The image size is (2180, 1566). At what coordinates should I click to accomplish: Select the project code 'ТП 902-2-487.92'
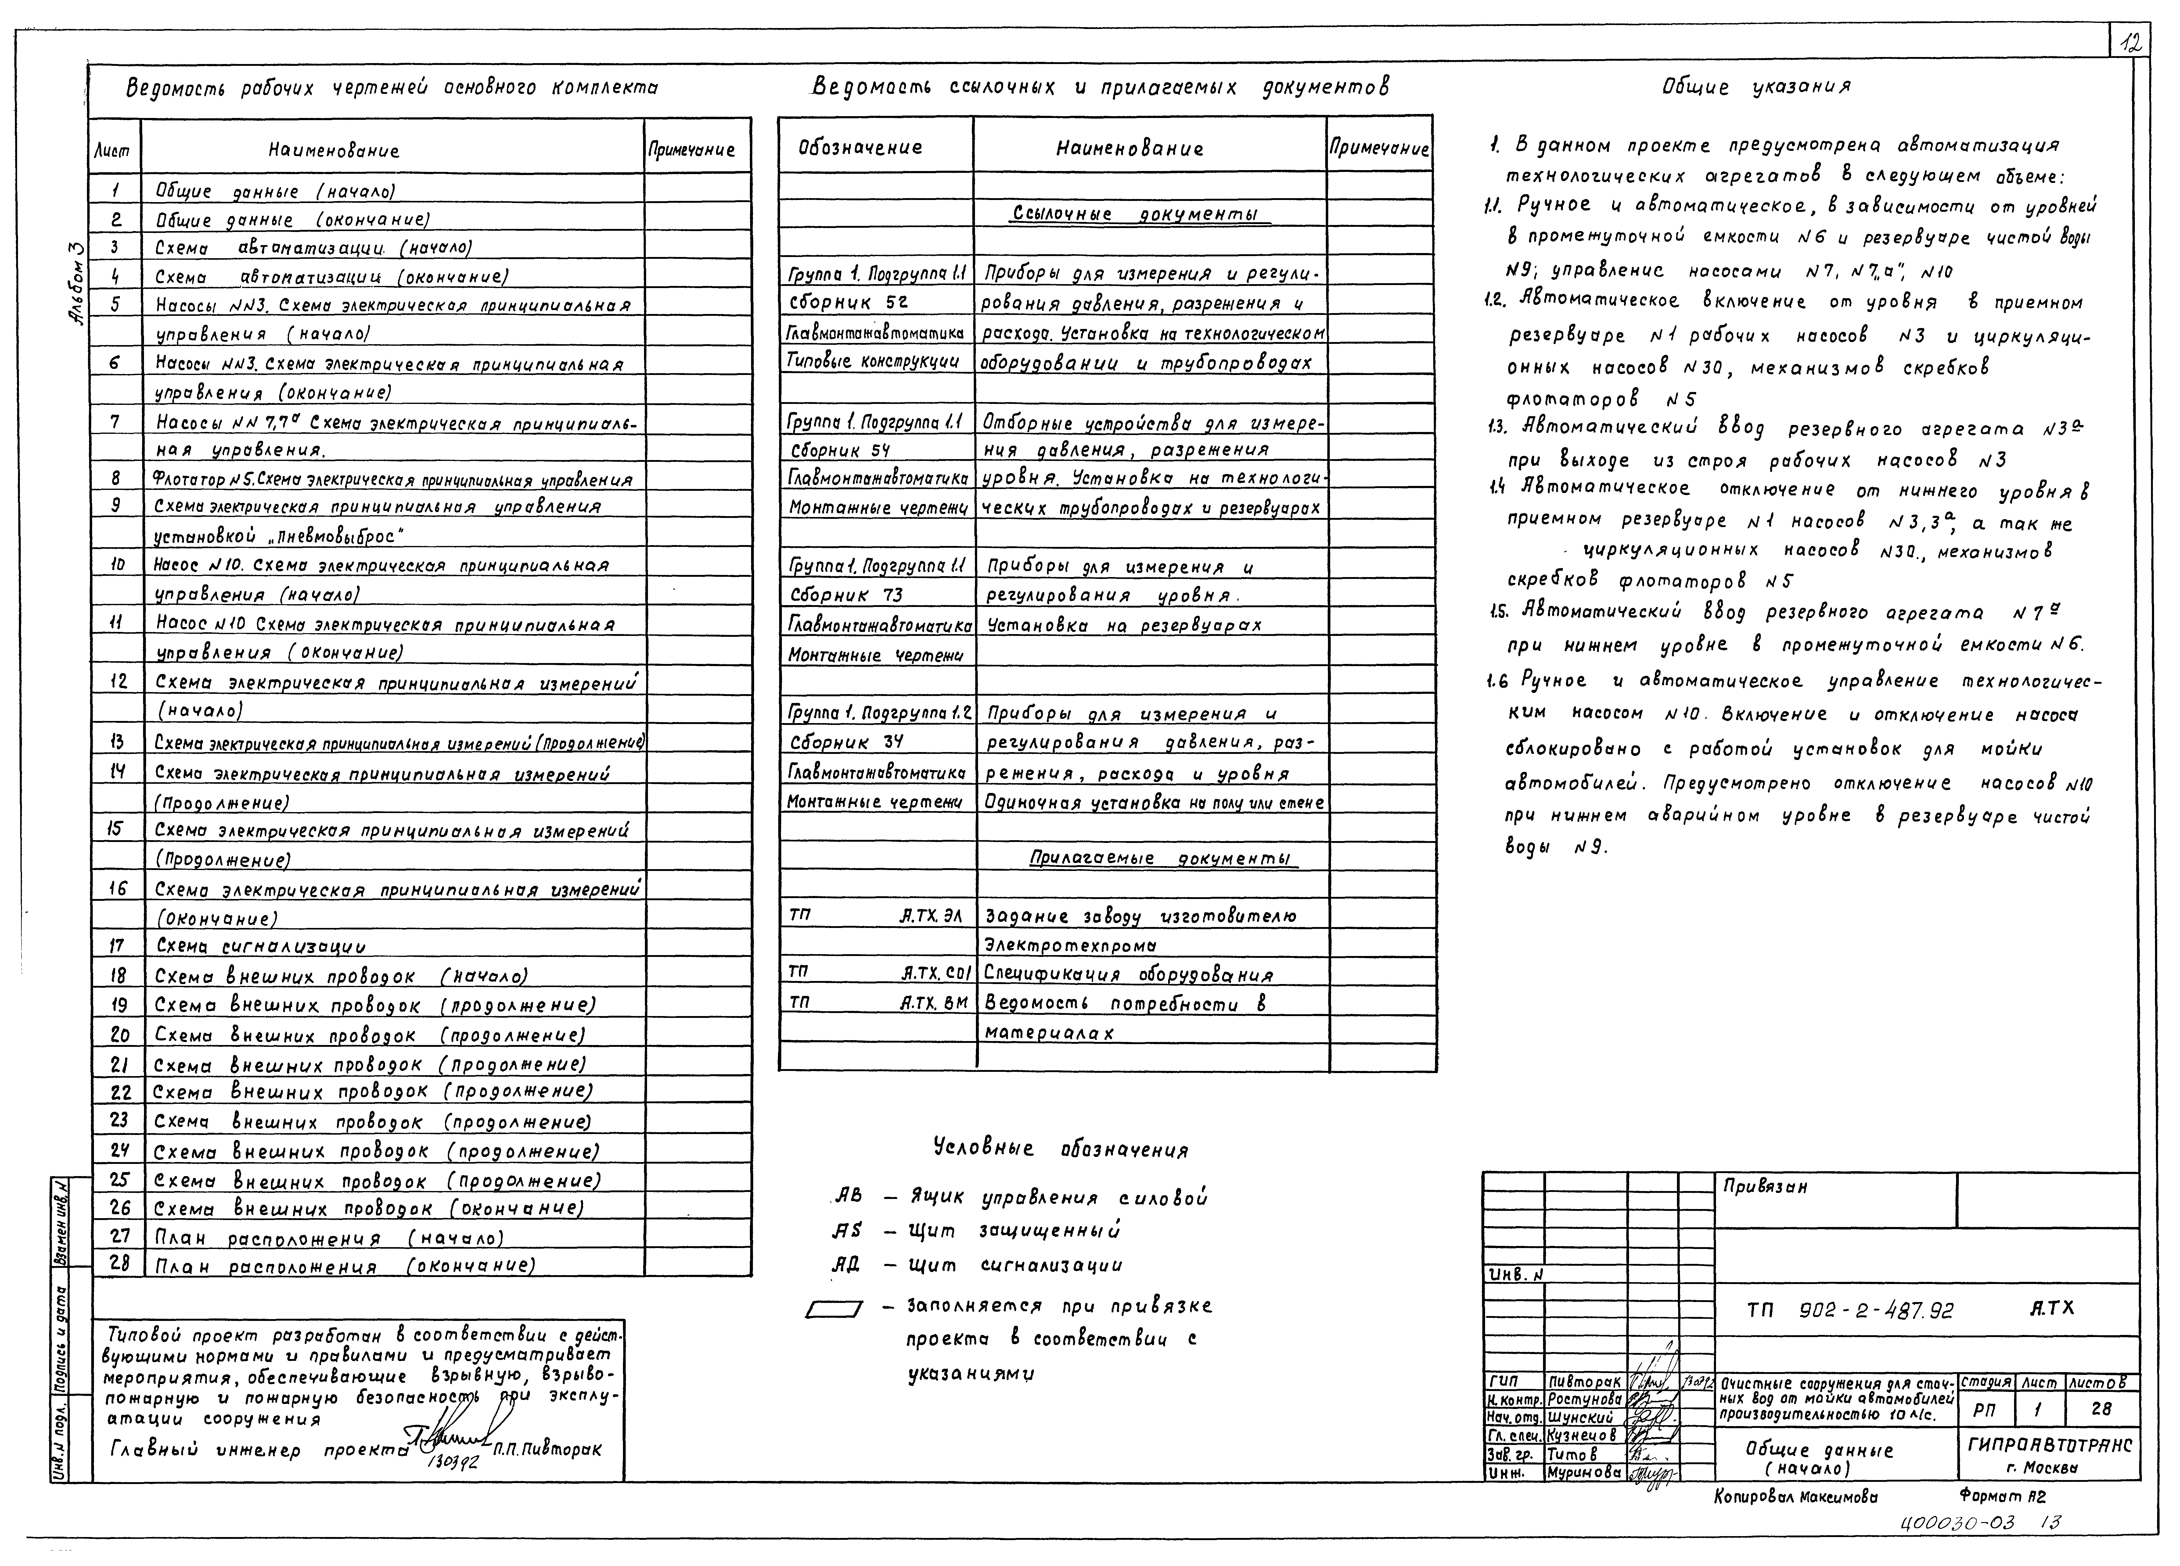(1850, 1310)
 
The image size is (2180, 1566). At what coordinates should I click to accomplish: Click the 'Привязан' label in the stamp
(1765, 1186)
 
